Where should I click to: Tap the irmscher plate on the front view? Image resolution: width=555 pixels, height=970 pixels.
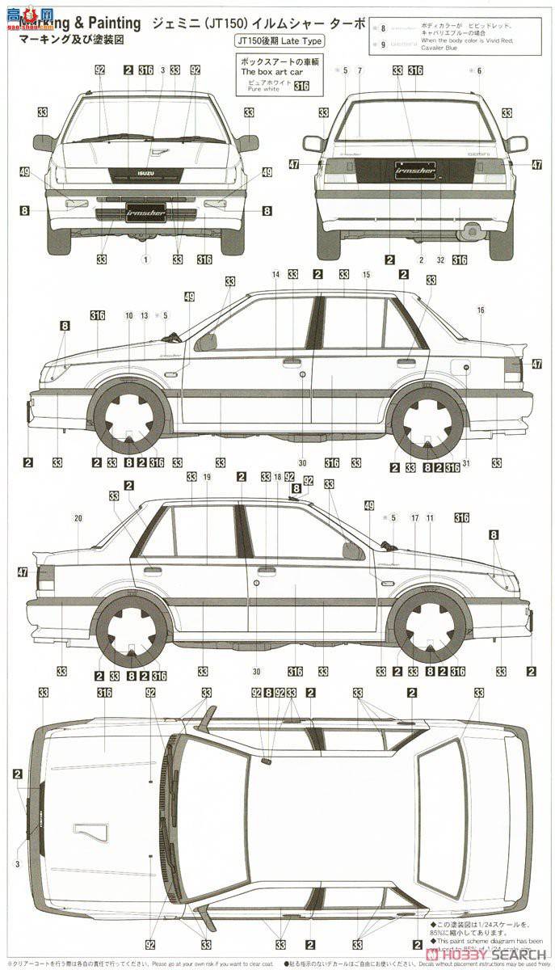pyautogui.click(x=146, y=213)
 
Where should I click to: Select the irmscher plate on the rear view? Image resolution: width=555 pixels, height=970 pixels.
pyautogui.click(x=414, y=171)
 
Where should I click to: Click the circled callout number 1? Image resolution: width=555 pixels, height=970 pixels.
pyautogui.click(x=146, y=259)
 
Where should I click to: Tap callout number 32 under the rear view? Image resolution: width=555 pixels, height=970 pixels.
pyautogui.click(x=440, y=259)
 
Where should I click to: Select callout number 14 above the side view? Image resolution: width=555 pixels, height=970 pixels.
pyautogui.click(x=275, y=275)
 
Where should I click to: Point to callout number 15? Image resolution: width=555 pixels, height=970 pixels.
pyautogui.click(x=366, y=275)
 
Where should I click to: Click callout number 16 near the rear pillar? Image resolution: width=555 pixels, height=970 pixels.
pyautogui.click(x=481, y=310)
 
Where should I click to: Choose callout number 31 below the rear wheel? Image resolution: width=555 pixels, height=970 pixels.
pyautogui.click(x=466, y=462)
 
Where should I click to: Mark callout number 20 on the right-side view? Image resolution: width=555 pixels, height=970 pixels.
pyautogui.click(x=78, y=517)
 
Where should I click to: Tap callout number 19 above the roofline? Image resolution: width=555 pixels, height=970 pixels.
pyautogui.click(x=207, y=477)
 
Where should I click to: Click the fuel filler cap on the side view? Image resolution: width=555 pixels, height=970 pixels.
pyautogui.click(x=466, y=368)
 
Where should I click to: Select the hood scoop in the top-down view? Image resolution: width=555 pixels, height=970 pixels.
pyautogui.click(x=90, y=833)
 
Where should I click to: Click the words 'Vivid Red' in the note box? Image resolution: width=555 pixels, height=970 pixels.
pyautogui.click(x=497, y=39)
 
